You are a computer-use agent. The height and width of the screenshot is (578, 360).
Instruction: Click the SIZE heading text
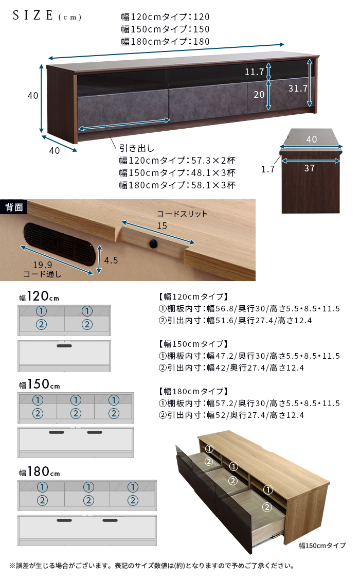(33, 15)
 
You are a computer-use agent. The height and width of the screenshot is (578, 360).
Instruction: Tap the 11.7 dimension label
(255, 72)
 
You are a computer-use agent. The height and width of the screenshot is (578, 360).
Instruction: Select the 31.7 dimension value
(298, 89)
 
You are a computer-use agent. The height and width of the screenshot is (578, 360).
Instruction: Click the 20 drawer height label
(259, 95)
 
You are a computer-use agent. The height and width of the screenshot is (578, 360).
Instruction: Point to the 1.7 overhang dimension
(268, 169)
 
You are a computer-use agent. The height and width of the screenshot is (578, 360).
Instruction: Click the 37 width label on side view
(310, 168)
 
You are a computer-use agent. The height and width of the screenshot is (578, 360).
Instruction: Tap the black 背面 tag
(14, 207)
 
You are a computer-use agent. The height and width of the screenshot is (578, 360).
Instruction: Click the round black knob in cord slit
(153, 243)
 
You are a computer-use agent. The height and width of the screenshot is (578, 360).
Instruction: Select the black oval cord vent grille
(58, 244)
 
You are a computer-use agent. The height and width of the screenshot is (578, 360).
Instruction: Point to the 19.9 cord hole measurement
(42, 265)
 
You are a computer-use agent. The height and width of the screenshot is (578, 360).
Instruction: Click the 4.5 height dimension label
(111, 260)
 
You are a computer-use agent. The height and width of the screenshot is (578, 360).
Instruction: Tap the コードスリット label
(182, 214)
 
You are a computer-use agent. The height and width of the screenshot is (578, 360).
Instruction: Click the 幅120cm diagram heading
(39, 296)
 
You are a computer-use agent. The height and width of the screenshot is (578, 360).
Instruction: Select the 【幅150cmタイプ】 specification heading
(193, 344)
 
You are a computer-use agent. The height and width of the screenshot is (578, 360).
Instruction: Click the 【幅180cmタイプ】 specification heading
(193, 391)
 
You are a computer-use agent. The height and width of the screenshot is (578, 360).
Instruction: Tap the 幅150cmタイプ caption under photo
(322, 546)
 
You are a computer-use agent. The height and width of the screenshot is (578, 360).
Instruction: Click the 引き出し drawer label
(137, 148)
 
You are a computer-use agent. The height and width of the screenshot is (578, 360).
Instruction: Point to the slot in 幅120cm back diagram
(64, 346)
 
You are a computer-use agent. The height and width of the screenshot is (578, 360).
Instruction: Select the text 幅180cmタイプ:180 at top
(166, 41)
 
